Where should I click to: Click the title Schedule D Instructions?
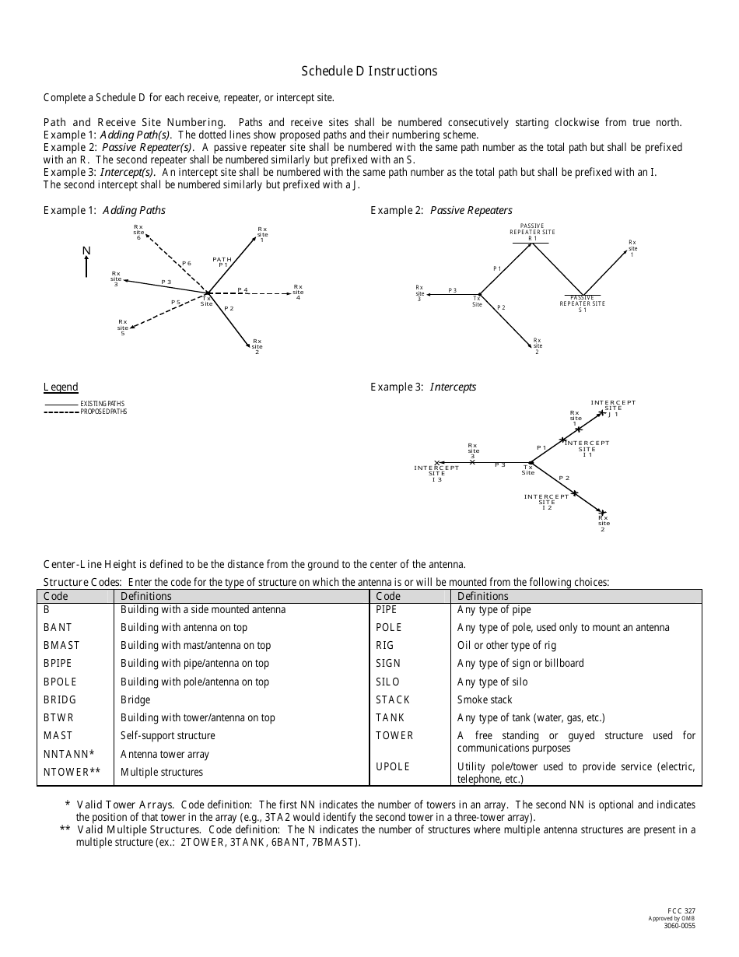coord(369,71)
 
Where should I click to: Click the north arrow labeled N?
coord(87,261)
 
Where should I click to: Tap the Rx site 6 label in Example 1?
coord(138,232)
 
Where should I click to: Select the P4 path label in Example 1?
coord(243,289)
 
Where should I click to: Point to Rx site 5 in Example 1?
coord(123,327)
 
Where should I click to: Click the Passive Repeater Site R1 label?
coord(532,232)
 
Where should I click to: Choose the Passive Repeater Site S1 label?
coord(582,303)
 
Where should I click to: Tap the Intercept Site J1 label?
coord(613,408)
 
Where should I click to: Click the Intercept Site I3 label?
coord(437,473)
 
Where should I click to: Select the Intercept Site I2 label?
coord(546,502)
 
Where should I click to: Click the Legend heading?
coord(61,387)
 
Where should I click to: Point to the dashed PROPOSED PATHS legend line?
coord(61,412)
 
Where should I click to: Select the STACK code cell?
coord(393,699)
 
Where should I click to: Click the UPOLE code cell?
coord(393,766)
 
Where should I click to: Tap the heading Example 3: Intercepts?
coord(423,387)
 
